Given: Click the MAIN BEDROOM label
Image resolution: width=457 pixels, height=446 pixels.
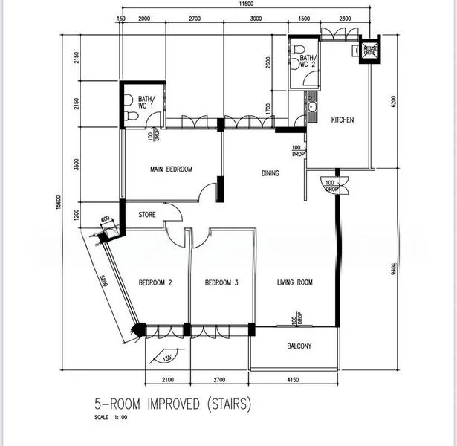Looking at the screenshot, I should (171, 169).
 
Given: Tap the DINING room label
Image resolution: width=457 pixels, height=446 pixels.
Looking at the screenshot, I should (270, 173).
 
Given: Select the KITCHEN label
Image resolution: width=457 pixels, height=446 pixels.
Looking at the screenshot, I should (342, 120).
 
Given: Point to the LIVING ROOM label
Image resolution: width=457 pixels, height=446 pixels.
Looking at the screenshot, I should (295, 282).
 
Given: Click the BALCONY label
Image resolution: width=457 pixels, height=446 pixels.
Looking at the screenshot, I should (299, 346).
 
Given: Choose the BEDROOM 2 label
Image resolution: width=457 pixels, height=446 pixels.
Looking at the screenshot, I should (155, 282).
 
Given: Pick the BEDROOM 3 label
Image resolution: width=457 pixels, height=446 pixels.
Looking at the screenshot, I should (221, 282).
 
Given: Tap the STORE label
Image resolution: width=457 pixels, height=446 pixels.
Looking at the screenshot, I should (147, 216).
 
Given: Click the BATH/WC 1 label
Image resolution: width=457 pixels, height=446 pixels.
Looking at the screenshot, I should (145, 103).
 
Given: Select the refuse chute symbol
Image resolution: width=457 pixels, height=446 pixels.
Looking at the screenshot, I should (369, 50).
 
